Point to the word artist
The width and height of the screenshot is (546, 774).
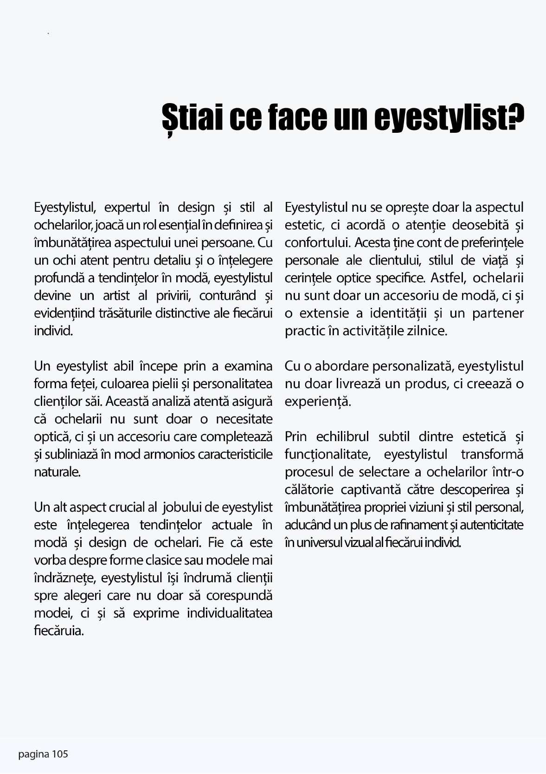[116, 296]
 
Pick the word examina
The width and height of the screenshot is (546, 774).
[248, 366]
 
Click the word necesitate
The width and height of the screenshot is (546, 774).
[244, 419]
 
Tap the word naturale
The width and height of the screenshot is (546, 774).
[57, 472]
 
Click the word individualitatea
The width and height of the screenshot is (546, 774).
[230, 613]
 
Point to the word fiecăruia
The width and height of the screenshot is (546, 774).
[58, 631]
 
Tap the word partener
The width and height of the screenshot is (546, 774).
[498, 313]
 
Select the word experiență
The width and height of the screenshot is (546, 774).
[318, 402]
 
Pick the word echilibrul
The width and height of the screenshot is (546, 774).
[342, 437]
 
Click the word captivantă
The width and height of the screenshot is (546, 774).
[371, 490]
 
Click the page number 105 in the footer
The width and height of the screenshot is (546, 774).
[60, 754]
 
